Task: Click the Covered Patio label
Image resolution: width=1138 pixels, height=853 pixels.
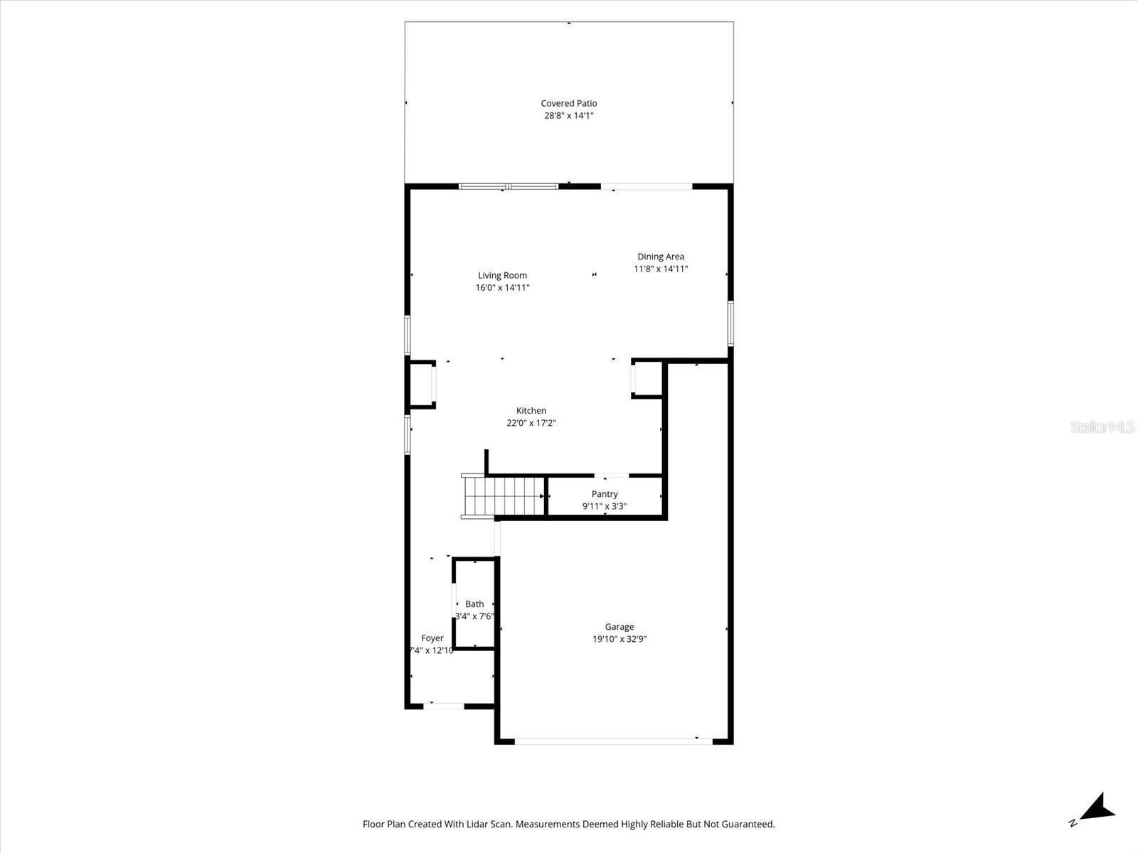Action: click(x=568, y=103)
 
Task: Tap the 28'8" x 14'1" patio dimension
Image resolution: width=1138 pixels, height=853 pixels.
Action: click(x=568, y=115)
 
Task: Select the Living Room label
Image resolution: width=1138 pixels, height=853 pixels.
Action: click(x=502, y=275)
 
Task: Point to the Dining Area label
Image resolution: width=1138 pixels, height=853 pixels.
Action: click(x=661, y=257)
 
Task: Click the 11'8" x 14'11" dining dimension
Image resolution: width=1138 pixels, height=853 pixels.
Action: click(x=661, y=269)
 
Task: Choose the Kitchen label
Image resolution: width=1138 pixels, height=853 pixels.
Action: click(x=531, y=410)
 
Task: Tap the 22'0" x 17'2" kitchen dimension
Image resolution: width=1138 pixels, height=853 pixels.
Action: click(x=531, y=423)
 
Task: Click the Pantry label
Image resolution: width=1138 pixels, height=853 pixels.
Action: click(x=605, y=494)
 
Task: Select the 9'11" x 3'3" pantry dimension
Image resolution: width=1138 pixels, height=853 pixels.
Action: click(x=605, y=506)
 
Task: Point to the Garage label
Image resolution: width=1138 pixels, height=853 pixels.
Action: click(x=619, y=626)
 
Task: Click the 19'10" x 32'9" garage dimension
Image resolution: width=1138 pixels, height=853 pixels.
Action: click(x=619, y=639)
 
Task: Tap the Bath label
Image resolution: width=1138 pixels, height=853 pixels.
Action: click(x=474, y=604)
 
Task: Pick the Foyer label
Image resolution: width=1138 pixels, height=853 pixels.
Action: click(x=432, y=638)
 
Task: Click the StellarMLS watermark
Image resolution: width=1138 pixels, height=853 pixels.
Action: click(x=1102, y=426)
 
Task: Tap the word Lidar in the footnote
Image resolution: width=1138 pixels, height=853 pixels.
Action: click(x=496, y=825)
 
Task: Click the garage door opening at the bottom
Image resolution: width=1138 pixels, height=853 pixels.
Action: click(x=613, y=741)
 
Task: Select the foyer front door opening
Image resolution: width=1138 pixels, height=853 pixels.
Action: click(x=444, y=706)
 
